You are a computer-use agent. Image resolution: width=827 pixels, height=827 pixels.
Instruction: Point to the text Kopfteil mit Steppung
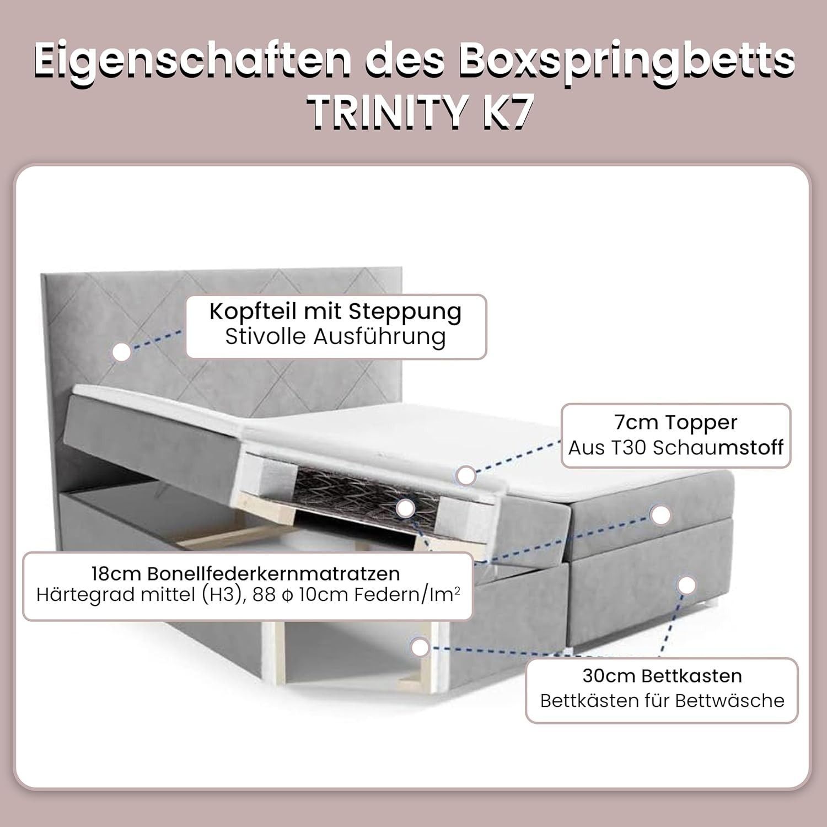pyautogui.click(x=336, y=313)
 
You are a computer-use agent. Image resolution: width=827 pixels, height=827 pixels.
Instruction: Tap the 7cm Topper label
pyautogui.click(x=676, y=422)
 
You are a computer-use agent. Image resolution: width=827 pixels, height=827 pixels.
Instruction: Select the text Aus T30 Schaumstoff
pyautogui.click(x=676, y=448)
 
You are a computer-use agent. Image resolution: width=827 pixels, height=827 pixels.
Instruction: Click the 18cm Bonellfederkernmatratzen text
pyautogui.click(x=246, y=573)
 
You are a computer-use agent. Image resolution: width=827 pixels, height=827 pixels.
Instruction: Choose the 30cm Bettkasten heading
pyautogui.click(x=662, y=676)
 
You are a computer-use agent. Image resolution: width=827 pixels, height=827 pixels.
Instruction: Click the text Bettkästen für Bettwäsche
pyautogui.click(x=662, y=701)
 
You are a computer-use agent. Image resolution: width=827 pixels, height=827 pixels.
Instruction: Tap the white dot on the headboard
pyautogui.click(x=122, y=351)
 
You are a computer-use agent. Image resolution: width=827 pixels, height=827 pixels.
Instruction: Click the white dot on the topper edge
pyautogui.click(x=467, y=475)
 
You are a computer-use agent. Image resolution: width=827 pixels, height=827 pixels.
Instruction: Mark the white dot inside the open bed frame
pyautogui.click(x=420, y=647)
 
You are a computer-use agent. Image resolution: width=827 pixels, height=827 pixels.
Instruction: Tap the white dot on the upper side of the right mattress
pyautogui.click(x=660, y=514)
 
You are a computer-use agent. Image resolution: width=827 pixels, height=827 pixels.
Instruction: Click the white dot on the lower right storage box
pyautogui.click(x=686, y=586)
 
